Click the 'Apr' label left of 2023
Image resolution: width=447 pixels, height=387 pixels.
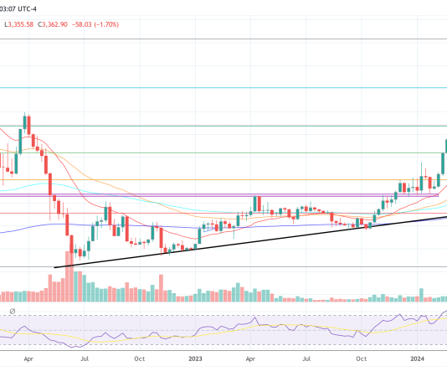pos(28,359)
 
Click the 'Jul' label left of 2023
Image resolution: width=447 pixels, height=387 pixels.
pos(85,359)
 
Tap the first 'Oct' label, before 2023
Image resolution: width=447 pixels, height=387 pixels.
pos(140,359)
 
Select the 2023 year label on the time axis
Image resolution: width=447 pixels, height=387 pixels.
pos(195,359)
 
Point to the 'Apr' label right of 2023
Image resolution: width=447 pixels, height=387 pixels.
pos(251,359)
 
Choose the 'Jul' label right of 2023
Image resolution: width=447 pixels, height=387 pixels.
pos(307,359)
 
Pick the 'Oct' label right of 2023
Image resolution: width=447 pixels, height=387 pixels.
pos(362,359)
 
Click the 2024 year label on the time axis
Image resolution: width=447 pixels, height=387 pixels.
pos(419,359)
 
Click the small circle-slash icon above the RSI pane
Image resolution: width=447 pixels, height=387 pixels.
pos(13,312)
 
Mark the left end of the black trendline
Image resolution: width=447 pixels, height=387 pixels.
pos(54,267)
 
